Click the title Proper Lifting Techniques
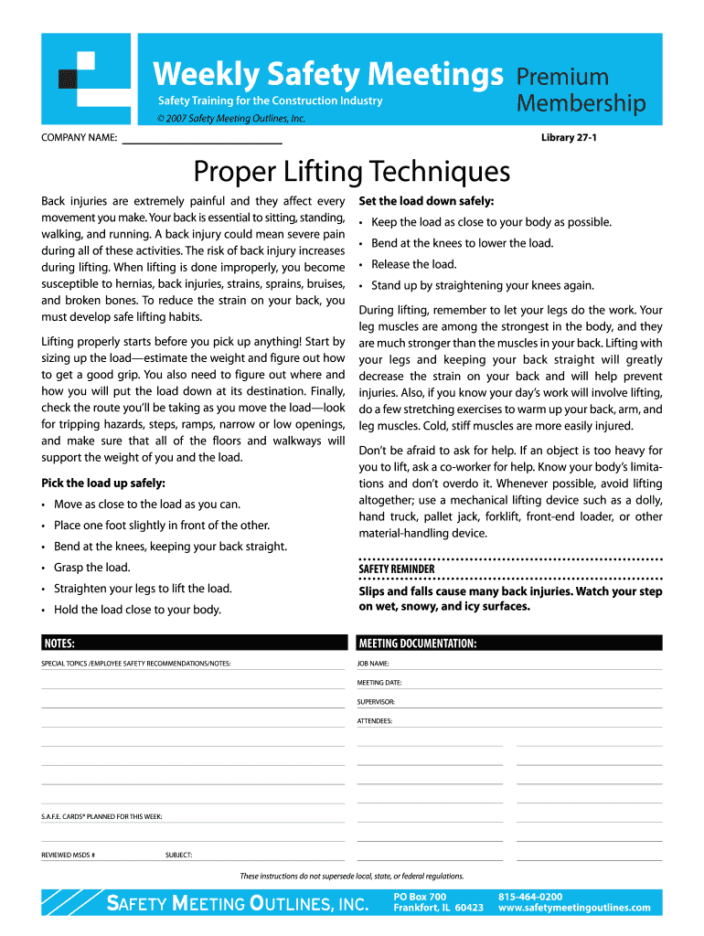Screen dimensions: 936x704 [x=351, y=171]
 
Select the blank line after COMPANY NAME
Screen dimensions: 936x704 [x=202, y=139]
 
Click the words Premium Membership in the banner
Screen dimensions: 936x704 [x=580, y=90]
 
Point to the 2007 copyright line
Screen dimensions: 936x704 [x=231, y=119]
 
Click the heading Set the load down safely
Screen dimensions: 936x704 [x=426, y=201]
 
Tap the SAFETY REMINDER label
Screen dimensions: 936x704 [x=397, y=569]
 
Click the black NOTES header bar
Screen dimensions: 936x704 [x=193, y=643]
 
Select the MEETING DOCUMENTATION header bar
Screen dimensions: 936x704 [x=509, y=643]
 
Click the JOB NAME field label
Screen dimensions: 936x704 [x=373, y=664]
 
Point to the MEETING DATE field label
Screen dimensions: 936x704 [x=379, y=683]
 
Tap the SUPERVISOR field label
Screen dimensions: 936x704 [x=376, y=702]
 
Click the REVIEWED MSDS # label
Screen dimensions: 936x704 [x=69, y=856]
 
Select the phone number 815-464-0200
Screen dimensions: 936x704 [x=530, y=897]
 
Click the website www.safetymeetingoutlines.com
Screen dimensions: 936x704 [x=574, y=908]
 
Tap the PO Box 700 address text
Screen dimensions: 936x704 [x=420, y=897]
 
